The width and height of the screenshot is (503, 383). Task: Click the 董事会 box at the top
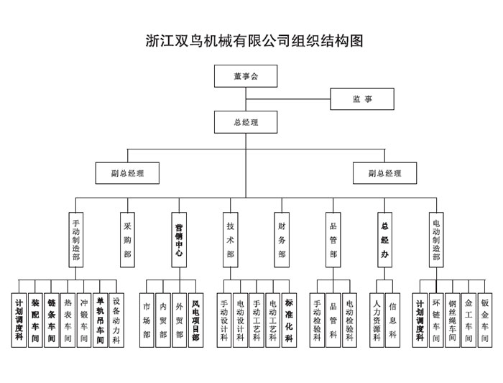click(x=245, y=76)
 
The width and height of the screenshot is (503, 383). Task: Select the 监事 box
click(x=362, y=99)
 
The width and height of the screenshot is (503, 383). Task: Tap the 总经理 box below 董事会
click(x=245, y=122)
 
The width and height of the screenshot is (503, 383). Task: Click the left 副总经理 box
click(x=127, y=173)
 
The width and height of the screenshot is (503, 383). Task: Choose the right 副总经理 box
click(x=384, y=173)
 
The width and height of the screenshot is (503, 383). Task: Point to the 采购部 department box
click(x=127, y=240)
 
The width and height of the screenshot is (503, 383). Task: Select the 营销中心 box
click(x=179, y=240)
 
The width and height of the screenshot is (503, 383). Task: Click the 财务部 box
click(x=282, y=240)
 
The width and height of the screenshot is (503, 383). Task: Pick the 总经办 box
click(x=384, y=240)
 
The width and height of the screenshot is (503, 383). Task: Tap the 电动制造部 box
click(x=436, y=240)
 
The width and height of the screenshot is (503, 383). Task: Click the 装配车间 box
click(x=35, y=320)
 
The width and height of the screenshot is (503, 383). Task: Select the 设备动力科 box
click(x=116, y=320)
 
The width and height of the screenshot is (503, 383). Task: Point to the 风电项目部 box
click(x=195, y=320)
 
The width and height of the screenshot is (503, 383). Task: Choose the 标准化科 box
click(x=289, y=320)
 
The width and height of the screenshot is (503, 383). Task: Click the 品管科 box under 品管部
click(x=333, y=320)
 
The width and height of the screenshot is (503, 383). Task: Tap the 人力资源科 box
click(x=377, y=320)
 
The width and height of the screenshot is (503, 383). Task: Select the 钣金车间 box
click(x=485, y=320)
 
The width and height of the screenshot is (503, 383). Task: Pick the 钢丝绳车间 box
click(x=453, y=320)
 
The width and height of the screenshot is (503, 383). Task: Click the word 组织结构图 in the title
click(x=327, y=41)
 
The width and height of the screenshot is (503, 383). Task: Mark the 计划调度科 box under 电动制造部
click(x=420, y=320)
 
